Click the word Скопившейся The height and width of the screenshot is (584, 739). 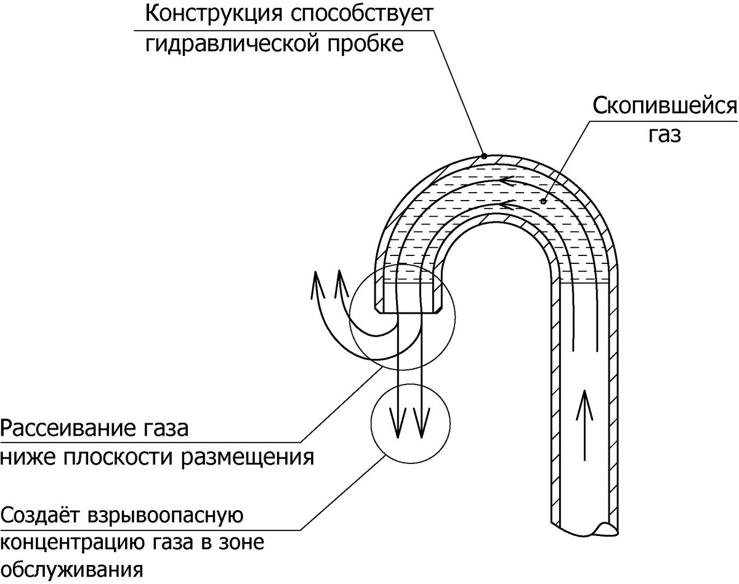(665, 106)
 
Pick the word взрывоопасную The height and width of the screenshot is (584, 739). (167, 515)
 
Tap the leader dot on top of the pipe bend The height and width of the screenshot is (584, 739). (485, 156)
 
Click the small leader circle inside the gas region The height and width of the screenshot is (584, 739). (543, 201)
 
